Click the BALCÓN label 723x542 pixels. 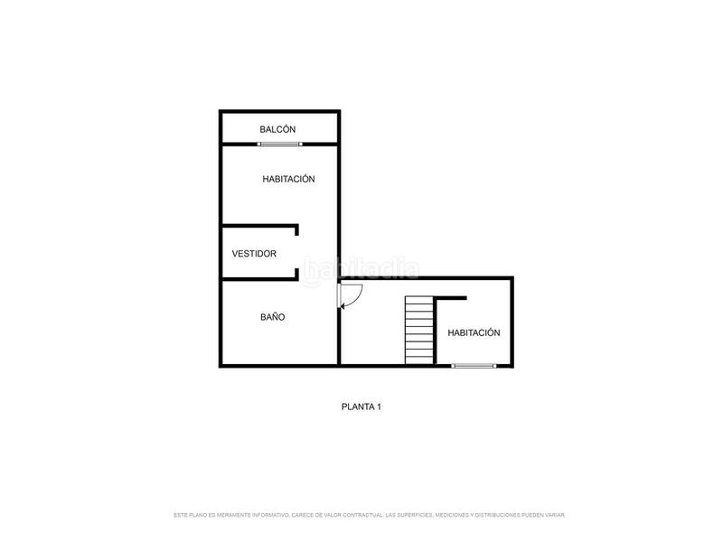[x=277, y=130]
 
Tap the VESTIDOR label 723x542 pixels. [x=254, y=254]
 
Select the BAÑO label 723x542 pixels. [x=273, y=317]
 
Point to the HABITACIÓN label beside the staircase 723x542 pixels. [x=474, y=332]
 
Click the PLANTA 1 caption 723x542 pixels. [x=361, y=407]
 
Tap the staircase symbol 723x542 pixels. [x=418, y=330]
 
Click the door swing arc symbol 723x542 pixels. [x=351, y=295]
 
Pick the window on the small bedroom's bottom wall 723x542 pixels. [x=474, y=365]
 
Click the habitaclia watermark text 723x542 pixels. [x=361, y=269]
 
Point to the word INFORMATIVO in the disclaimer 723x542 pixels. [x=268, y=515]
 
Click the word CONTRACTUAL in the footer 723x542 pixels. [x=359, y=515]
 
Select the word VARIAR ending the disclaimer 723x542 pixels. [x=555, y=515]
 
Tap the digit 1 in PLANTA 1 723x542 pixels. [x=379, y=407]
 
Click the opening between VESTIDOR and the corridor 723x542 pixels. [x=297, y=253]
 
